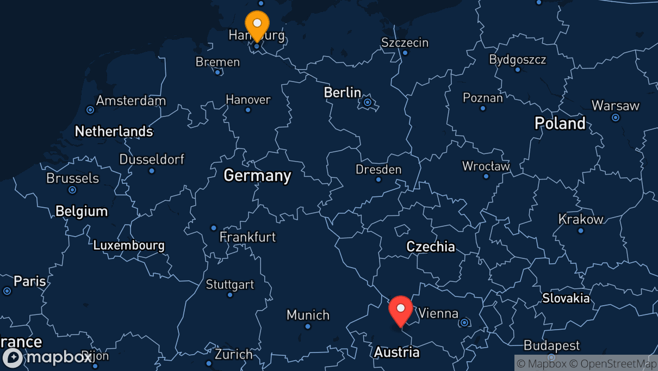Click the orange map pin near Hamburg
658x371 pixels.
click(x=257, y=24)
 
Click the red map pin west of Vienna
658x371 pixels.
click(x=401, y=310)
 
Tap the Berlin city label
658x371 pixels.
click(x=342, y=92)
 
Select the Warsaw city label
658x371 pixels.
click(x=615, y=106)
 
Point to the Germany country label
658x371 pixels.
click(x=257, y=176)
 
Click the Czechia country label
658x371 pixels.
click(x=431, y=246)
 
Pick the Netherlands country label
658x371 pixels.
click(x=114, y=131)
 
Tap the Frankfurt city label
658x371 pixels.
click(x=247, y=237)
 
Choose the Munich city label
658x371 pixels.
click(x=308, y=315)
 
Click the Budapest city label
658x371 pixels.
click(x=551, y=345)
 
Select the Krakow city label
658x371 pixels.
click(x=581, y=219)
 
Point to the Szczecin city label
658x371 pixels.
click(x=405, y=42)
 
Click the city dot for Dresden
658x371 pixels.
click(x=378, y=180)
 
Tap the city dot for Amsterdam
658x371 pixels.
click(x=90, y=110)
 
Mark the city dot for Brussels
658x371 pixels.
click(x=72, y=190)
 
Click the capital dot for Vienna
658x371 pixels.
click(x=464, y=323)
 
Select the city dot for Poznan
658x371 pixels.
click(x=482, y=108)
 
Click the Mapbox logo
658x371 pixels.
click(x=47, y=358)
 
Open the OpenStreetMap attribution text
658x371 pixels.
click(x=612, y=363)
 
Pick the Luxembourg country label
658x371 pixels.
click(x=128, y=245)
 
